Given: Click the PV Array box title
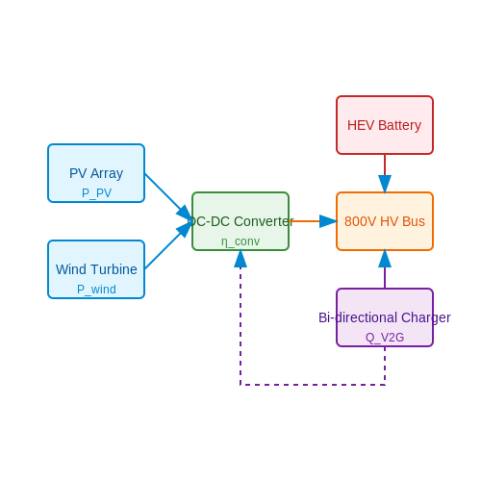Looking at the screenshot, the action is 96,173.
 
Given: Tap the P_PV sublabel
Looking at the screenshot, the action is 96,193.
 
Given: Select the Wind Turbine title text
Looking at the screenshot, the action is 96,269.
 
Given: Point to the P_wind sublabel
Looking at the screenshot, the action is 96,290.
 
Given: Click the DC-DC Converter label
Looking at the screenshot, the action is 240,221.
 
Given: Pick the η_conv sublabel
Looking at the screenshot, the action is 240,241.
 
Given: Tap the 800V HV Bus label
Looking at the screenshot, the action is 385,221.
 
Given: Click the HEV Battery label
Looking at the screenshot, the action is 384,125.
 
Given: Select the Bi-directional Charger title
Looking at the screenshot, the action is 385,317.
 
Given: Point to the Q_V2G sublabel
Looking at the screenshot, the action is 385,338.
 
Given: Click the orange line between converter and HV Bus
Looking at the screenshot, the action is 304,221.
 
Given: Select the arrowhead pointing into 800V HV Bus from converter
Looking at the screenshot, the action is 328,221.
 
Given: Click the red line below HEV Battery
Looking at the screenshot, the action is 385,165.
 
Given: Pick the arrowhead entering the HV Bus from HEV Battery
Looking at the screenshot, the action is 385,184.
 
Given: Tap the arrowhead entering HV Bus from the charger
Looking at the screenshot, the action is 385,259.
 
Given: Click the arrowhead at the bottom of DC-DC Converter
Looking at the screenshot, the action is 240,259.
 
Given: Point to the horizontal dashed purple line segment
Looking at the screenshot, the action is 313,385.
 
